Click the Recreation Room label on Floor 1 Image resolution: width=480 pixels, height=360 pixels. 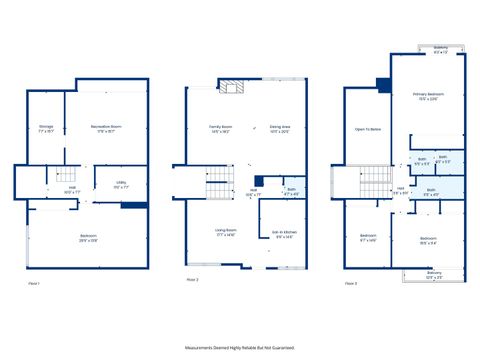coord(107,128)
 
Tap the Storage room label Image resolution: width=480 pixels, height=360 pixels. coord(46,128)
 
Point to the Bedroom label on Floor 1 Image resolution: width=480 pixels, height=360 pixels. coord(89,239)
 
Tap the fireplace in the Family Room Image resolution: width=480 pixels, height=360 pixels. coord(232,88)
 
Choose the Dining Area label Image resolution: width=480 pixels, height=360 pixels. coord(279,128)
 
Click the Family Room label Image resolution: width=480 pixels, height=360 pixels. coord(221,128)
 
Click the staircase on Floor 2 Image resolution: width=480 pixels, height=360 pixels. coord(219,185)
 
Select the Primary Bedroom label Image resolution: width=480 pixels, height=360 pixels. coord(428,97)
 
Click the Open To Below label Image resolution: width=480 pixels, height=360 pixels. coord(366,130)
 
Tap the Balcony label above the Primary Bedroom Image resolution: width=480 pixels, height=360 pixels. coord(441,48)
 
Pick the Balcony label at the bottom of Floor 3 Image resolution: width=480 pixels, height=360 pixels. coord(434,274)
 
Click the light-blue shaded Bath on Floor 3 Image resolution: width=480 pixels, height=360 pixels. coord(431,191)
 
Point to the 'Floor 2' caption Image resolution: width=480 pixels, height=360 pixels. coord(192,280)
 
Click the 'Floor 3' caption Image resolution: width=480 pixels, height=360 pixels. coord(350,284)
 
